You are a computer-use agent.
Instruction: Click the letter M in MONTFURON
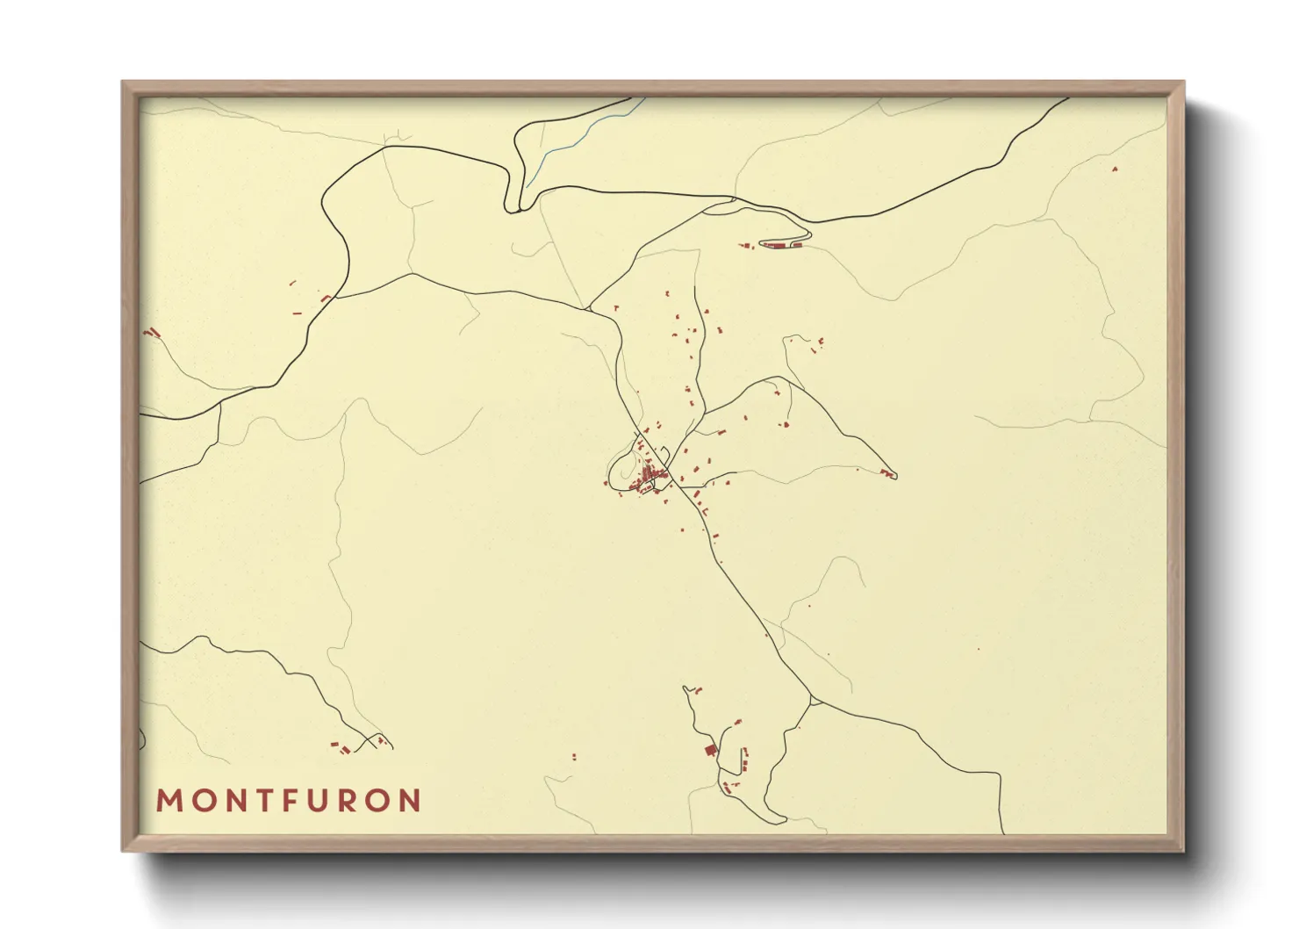tap(169, 801)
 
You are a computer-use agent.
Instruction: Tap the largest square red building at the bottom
tap(711, 750)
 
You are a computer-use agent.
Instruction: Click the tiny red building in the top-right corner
tap(1115, 168)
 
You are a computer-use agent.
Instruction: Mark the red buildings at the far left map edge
tap(152, 333)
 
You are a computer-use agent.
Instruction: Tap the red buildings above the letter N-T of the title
tap(337, 747)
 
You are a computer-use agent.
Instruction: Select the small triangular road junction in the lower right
tap(815, 701)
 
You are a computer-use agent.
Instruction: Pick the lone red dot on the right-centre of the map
tap(978, 649)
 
